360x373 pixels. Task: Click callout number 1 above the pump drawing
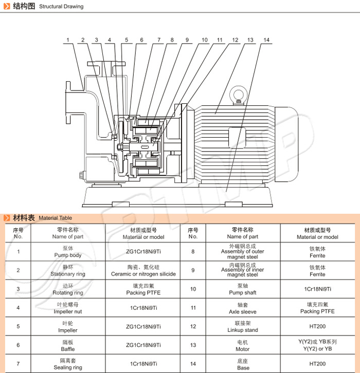click(67, 40)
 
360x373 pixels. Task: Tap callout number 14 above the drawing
click(266, 40)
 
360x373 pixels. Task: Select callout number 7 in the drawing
click(159, 40)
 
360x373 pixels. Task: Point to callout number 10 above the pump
click(204, 40)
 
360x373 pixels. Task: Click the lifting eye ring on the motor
click(238, 96)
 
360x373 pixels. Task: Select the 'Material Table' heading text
click(55, 218)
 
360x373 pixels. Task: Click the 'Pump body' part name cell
click(68, 252)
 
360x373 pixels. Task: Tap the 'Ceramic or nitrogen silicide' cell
click(143, 271)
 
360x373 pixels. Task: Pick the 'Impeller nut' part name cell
click(68, 308)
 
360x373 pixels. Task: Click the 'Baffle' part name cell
click(68, 346)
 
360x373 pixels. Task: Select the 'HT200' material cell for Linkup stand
click(317, 326)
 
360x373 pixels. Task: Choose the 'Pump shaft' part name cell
click(243, 289)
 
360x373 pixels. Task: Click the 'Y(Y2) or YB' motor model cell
click(317, 345)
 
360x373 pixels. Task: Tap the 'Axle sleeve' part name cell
click(243, 308)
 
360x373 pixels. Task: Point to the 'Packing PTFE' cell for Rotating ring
click(143, 289)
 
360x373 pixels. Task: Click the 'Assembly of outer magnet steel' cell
click(243, 252)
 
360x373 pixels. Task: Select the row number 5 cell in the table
click(19, 326)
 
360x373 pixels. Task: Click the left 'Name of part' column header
click(68, 233)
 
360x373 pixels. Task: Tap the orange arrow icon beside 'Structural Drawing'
click(6, 6)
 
